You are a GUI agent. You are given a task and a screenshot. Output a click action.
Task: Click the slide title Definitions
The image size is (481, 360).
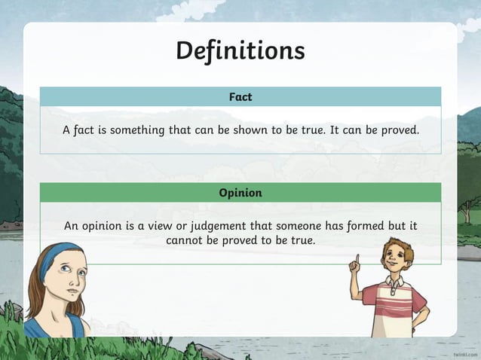pos(240,50)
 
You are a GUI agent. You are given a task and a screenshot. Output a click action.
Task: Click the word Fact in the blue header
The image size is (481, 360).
pos(240,96)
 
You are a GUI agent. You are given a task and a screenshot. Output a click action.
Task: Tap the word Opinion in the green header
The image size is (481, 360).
pos(240,193)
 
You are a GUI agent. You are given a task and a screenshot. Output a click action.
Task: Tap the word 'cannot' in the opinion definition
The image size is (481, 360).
pos(186,240)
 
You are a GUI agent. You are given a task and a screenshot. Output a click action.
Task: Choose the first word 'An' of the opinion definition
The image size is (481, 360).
pos(71,225)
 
